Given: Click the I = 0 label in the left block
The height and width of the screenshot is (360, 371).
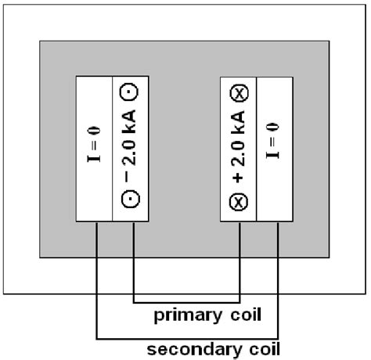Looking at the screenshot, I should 95,149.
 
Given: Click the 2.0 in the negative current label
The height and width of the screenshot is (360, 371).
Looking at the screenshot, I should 131,149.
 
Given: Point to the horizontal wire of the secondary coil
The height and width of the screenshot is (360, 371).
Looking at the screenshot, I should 187,338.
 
